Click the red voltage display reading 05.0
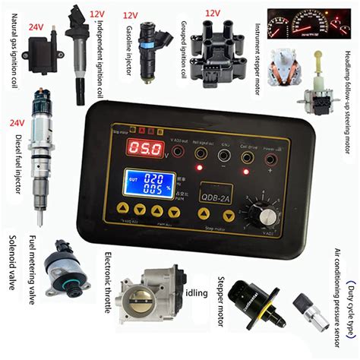[x=146, y=149]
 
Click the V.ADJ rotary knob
[x=267, y=215]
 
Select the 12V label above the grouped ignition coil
[x=213, y=13]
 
